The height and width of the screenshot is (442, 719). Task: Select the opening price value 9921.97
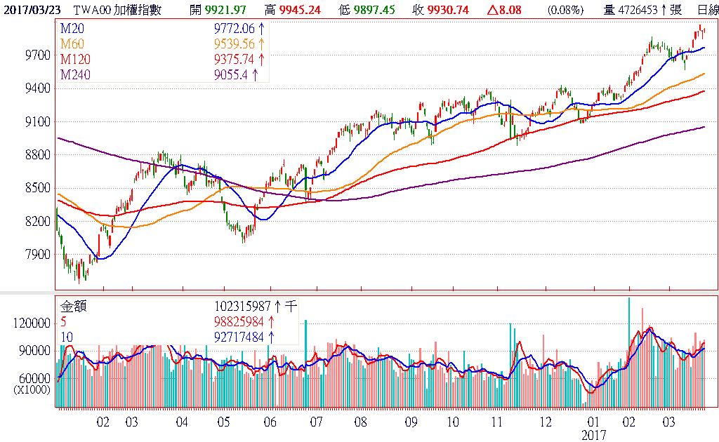(x=227, y=10)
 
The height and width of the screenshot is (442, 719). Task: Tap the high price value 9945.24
(x=302, y=10)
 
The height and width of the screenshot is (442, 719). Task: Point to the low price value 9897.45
(x=375, y=10)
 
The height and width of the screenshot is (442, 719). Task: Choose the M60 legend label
(x=71, y=43)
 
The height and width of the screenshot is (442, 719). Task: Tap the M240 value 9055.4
(x=231, y=74)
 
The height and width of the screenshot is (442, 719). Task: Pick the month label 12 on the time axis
(x=546, y=422)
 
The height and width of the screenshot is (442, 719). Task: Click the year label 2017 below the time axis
(x=593, y=435)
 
